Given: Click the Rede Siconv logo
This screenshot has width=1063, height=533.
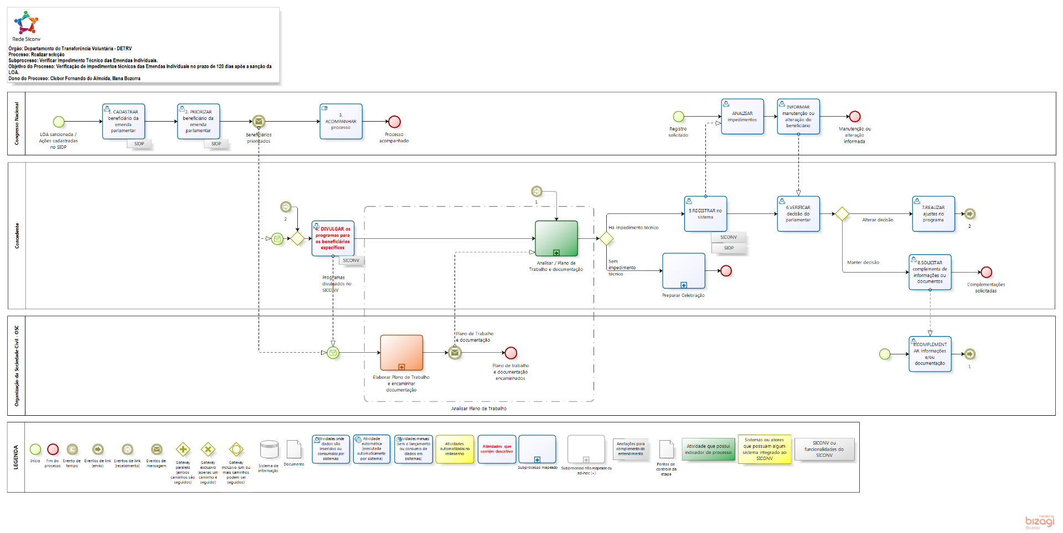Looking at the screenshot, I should click(x=26, y=23).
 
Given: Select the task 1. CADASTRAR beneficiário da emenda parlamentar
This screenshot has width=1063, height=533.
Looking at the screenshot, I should click(x=123, y=121).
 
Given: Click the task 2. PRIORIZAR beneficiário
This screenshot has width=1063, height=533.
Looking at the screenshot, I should click(x=198, y=121).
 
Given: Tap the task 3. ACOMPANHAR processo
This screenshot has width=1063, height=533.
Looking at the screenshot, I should click(x=341, y=121).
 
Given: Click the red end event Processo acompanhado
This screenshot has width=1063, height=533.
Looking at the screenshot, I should click(x=394, y=122).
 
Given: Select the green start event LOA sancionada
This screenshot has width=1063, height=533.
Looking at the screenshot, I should click(x=59, y=122).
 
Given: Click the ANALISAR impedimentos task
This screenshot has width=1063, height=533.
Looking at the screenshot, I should click(x=742, y=116).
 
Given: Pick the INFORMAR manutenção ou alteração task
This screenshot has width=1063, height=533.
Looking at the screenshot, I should click(x=798, y=116).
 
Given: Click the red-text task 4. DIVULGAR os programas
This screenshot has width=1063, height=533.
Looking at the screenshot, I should click(x=333, y=238).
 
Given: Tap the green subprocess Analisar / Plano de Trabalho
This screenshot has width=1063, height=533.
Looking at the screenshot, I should click(x=556, y=238).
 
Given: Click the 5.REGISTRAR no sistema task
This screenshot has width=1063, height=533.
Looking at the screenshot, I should click(x=705, y=213).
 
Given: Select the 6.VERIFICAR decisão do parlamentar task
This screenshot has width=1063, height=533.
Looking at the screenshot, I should click(x=798, y=213).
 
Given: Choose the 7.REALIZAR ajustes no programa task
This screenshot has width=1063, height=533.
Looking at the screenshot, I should click(x=933, y=213).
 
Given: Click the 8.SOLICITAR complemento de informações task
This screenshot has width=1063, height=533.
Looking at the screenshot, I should click(x=930, y=272).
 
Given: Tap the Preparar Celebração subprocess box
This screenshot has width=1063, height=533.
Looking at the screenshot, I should click(x=684, y=271).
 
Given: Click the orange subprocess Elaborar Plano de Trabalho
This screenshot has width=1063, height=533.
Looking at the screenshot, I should click(x=401, y=352).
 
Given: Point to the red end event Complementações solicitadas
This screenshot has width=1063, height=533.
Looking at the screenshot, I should click(x=986, y=272).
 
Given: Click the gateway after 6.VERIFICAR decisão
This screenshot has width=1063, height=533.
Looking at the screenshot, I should click(x=842, y=214).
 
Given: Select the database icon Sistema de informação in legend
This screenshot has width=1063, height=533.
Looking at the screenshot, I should click(x=269, y=450).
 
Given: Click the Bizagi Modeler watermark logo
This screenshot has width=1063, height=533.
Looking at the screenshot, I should click(x=1040, y=521).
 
